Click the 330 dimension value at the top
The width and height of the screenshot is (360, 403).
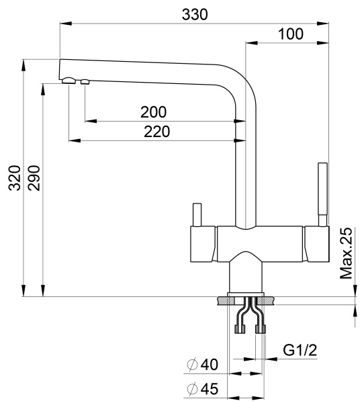[195, 14]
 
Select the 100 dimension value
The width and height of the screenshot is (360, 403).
[290, 34]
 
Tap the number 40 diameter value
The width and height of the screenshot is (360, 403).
[210, 365]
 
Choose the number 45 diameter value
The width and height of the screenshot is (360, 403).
[210, 389]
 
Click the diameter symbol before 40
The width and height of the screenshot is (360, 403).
[192, 365]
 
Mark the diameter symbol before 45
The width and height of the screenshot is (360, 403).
[192, 389]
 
